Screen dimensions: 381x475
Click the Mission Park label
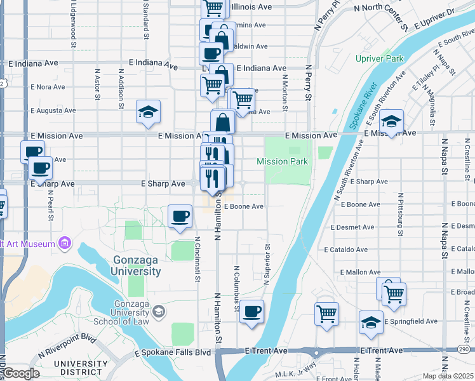[282, 162]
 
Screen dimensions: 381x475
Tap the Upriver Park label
[380, 58]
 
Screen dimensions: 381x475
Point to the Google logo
[20, 373]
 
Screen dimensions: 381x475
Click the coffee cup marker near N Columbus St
[252, 311]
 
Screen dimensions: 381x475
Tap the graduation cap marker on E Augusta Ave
[148, 112]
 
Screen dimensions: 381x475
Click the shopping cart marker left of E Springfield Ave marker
[326, 314]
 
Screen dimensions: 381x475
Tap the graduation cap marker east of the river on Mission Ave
[392, 121]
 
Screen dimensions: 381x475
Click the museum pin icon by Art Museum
[64, 243]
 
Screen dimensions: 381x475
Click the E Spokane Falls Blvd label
[172, 352]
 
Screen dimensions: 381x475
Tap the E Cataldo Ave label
[345, 250]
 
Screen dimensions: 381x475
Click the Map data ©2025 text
[448, 376]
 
